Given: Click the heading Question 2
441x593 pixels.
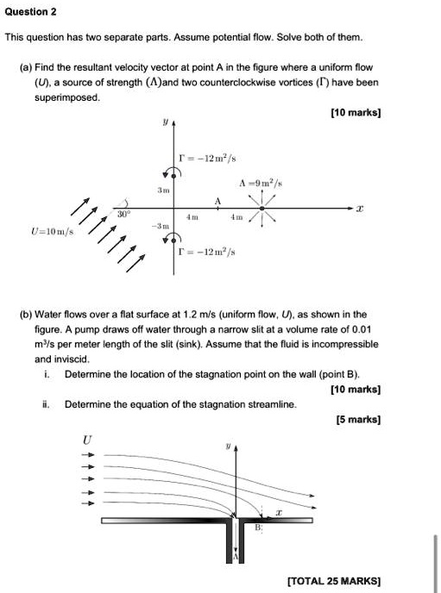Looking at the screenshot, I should coord(31,11).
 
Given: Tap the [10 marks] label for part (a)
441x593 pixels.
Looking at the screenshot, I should coord(356,113).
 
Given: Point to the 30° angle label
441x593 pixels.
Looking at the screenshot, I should coord(124,211).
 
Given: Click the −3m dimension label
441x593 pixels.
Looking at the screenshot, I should coord(161,224).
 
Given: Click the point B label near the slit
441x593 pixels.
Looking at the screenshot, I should coord(257,527).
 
